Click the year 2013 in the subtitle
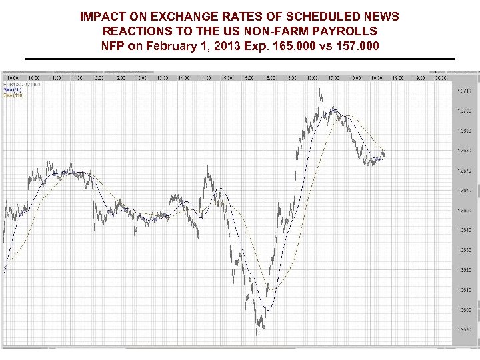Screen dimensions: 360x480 [x=227, y=47]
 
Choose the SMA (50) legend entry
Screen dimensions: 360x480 [x=13, y=89]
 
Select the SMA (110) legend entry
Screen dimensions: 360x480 [x=14, y=95]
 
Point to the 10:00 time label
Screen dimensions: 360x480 [x=13, y=78]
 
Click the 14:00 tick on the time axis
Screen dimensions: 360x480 [x=183, y=78]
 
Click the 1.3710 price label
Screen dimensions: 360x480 [x=464, y=91]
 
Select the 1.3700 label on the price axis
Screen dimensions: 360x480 [x=464, y=111]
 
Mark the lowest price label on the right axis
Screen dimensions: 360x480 [x=464, y=330]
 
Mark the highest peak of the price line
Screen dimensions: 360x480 [x=320, y=88]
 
